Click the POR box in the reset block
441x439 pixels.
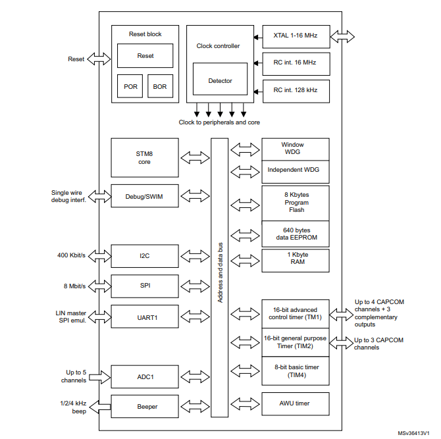(131, 86)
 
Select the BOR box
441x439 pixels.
(160, 86)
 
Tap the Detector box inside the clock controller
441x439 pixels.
(220, 81)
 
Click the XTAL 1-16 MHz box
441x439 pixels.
(295, 36)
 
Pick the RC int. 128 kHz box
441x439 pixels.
(295, 90)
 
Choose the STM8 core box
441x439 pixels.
(145, 157)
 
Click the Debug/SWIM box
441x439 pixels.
(145, 195)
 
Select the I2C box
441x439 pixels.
(145, 255)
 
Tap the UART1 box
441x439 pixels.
(145, 317)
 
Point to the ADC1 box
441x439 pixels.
(145, 377)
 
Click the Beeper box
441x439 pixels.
(145, 407)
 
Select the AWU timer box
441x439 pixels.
(295, 403)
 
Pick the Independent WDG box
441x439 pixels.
(295, 170)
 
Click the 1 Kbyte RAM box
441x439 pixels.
(295, 257)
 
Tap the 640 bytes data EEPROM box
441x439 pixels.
(295, 234)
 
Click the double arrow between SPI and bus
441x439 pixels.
(195, 286)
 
